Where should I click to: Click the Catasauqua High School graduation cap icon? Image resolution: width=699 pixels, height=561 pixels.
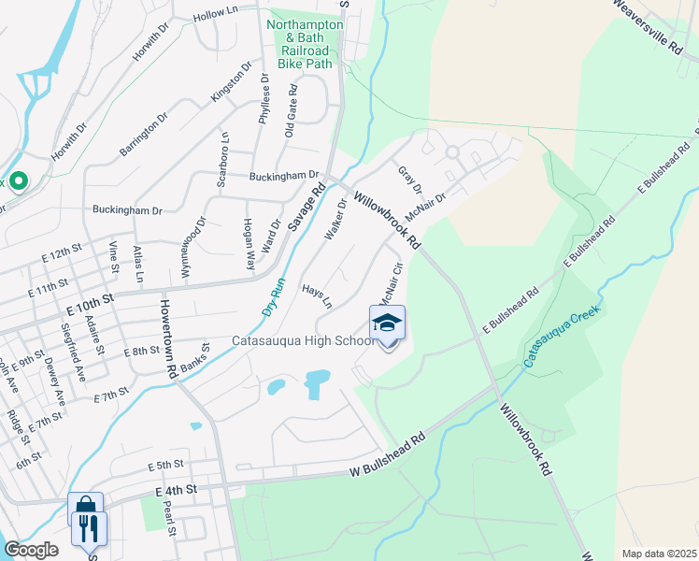pyautogui.click(x=388, y=324)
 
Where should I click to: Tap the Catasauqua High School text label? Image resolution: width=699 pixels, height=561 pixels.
pyautogui.click(x=303, y=341)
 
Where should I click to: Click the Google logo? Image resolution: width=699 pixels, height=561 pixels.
pyautogui.click(x=31, y=550)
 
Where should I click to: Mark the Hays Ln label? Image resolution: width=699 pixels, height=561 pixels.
pyautogui.click(x=317, y=296)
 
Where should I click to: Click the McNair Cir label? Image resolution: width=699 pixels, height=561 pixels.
pyautogui.click(x=390, y=281)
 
